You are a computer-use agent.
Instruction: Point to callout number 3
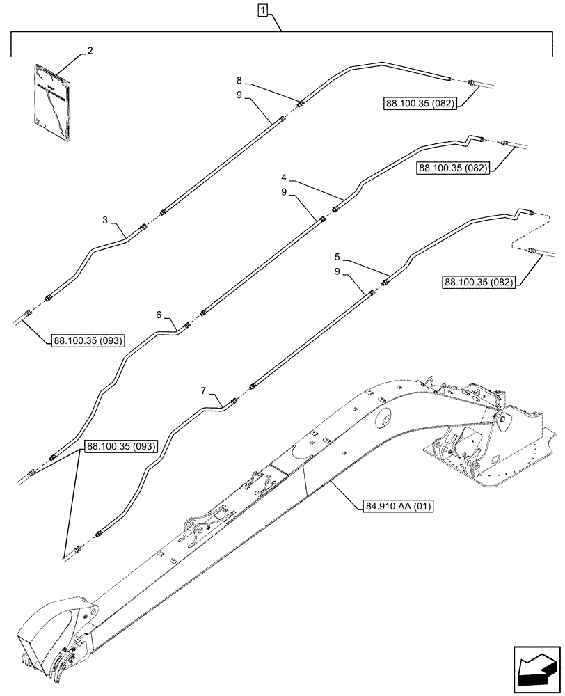[x=104, y=221]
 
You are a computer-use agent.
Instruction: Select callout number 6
[x=159, y=315]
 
